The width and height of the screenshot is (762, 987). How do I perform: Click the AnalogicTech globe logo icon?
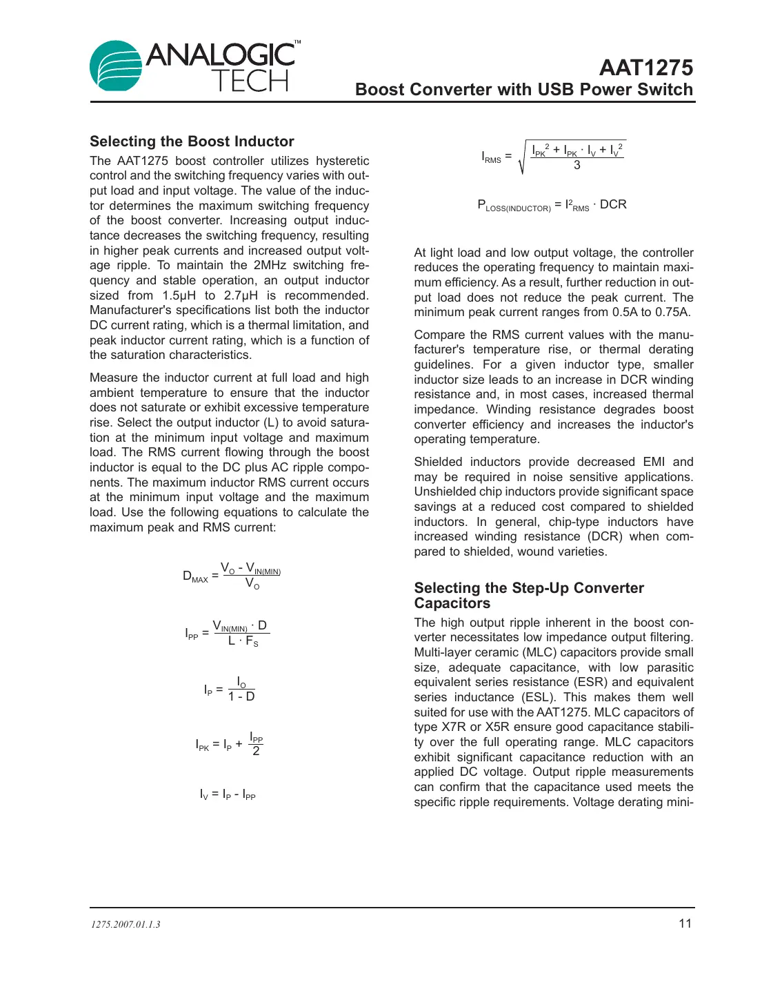[x=116, y=66]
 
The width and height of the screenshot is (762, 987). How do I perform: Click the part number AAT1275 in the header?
[x=645, y=68]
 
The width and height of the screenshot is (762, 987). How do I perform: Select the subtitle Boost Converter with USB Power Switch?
[x=523, y=90]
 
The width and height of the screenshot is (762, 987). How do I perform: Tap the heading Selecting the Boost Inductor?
[x=192, y=141]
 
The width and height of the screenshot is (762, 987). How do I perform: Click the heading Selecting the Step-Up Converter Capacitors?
[x=528, y=595]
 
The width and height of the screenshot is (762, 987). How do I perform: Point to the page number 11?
[x=685, y=924]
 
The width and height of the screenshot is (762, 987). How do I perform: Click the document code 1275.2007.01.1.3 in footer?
[x=126, y=925]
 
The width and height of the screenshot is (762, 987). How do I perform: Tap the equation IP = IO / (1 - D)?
[x=230, y=689]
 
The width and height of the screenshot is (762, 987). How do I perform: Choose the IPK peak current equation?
[x=229, y=744]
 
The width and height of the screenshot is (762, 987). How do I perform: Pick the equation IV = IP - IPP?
[x=228, y=794]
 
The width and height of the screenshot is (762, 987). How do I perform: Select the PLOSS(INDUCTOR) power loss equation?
[x=552, y=205]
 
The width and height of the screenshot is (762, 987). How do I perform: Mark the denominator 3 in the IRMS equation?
[x=577, y=166]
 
